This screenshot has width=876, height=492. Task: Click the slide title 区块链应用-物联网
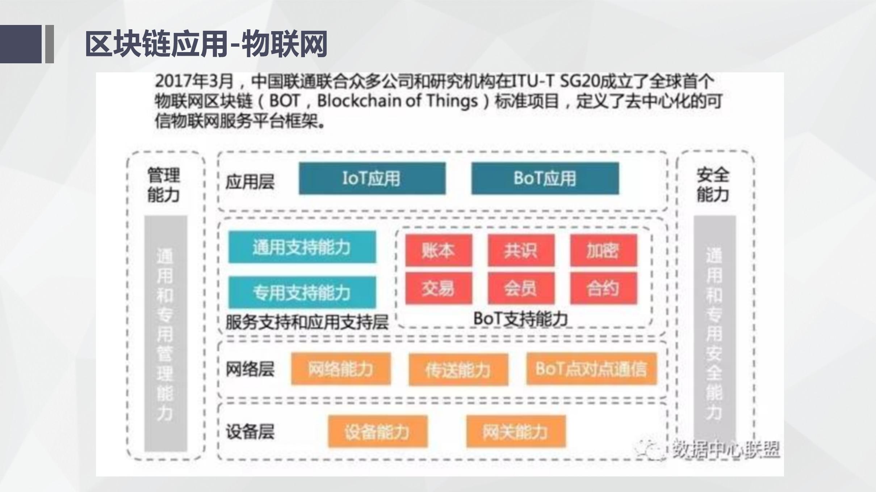(x=206, y=44)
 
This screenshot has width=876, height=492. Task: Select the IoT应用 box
(x=372, y=178)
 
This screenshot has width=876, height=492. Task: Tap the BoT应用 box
(x=545, y=178)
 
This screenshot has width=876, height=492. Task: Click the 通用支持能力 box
(x=302, y=247)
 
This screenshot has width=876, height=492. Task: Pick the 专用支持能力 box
(x=302, y=292)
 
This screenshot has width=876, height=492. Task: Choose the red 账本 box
(x=439, y=250)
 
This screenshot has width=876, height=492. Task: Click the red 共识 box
(x=521, y=250)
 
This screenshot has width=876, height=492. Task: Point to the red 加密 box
(x=603, y=250)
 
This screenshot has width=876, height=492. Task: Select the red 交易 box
(x=439, y=288)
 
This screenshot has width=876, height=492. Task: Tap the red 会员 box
(x=521, y=288)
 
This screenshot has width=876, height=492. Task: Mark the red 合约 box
(x=603, y=288)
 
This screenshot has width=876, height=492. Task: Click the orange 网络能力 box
(x=341, y=369)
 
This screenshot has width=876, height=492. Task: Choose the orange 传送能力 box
(x=458, y=370)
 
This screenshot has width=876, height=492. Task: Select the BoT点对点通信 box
(x=591, y=369)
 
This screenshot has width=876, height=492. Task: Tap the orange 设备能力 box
(x=378, y=432)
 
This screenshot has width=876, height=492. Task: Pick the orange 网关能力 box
(x=516, y=432)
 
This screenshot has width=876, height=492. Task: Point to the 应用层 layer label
(x=250, y=182)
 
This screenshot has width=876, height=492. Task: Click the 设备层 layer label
(x=250, y=432)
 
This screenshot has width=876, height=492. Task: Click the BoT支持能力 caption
(x=521, y=319)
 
